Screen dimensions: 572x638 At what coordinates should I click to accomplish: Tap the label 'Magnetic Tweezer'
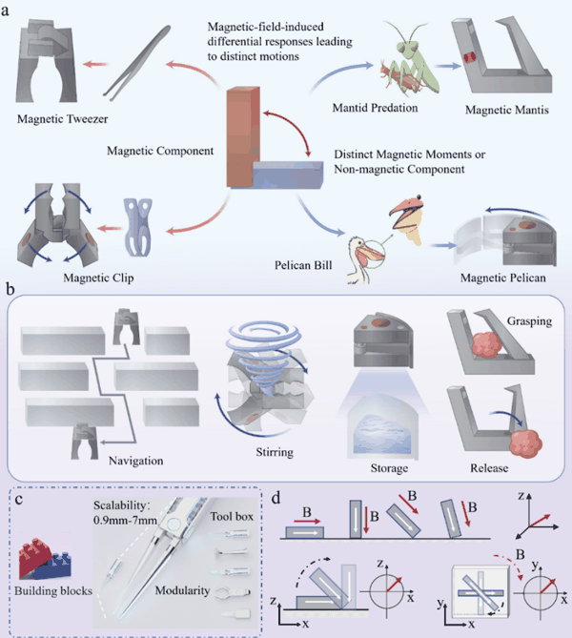click(63, 119)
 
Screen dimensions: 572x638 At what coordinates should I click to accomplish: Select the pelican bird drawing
click(363, 259)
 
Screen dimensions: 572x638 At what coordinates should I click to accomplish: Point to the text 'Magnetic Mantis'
click(507, 110)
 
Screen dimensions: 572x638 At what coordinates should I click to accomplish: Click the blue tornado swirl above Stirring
click(264, 358)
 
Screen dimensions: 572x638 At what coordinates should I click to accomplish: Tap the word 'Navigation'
click(136, 461)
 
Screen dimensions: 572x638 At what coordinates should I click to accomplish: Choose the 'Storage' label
click(389, 468)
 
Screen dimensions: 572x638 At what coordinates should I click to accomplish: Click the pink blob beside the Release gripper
click(526, 443)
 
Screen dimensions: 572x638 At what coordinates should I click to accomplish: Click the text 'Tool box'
click(232, 516)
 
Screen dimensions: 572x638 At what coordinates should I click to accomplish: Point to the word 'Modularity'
click(182, 590)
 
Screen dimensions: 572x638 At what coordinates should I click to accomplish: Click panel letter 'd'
click(276, 498)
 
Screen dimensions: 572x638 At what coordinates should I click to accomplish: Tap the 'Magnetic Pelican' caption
click(502, 278)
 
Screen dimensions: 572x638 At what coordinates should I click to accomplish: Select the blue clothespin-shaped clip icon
click(138, 228)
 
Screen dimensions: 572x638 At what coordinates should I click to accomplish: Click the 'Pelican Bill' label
click(303, 265)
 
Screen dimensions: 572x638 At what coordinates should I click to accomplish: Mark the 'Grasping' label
click(529, 321)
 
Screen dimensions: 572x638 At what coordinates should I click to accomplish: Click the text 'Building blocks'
click(53, 590)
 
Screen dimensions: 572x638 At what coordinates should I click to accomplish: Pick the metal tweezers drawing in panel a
click(136, 63)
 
